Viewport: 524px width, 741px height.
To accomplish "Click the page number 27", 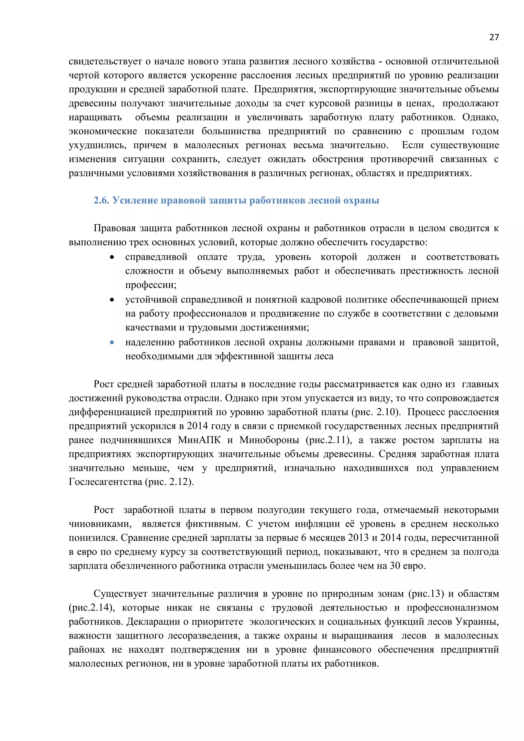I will pos(494,37).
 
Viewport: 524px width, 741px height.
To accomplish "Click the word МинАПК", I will pos(199,440).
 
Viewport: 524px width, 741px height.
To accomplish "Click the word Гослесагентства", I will pos(105,482).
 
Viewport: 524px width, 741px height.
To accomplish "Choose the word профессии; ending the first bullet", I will pos(151,285).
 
